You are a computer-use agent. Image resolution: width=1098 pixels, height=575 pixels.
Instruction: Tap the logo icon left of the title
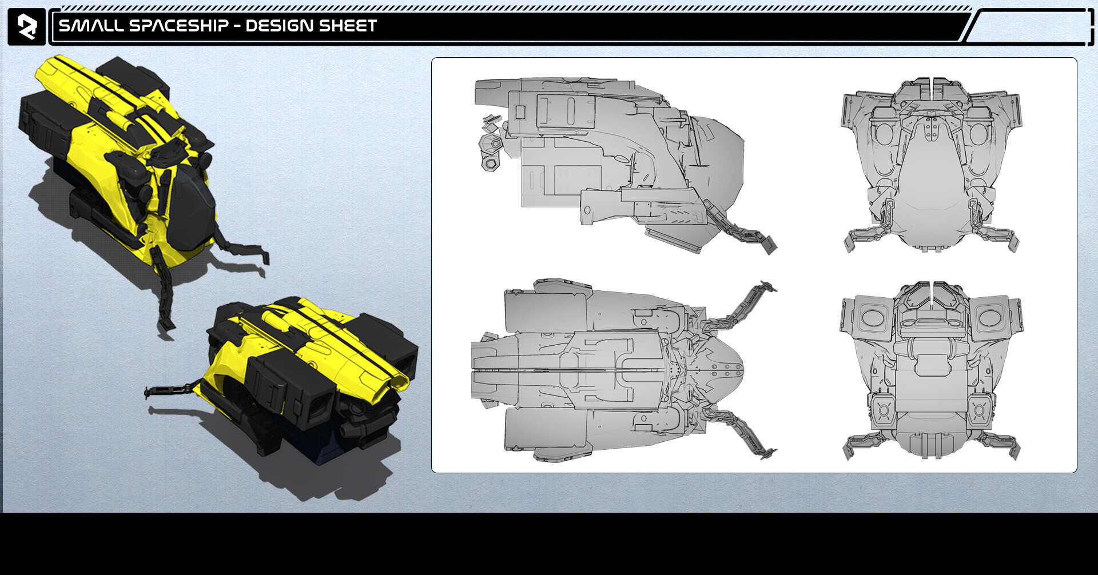[x=26, y=26]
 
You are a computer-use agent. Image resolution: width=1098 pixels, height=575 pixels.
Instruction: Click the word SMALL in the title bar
[x=91, y=26]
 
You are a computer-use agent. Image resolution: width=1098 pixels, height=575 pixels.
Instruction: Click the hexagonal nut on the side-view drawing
[x=490, y=164]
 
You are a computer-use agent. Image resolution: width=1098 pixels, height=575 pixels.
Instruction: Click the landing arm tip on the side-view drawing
[x=770, y=245]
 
